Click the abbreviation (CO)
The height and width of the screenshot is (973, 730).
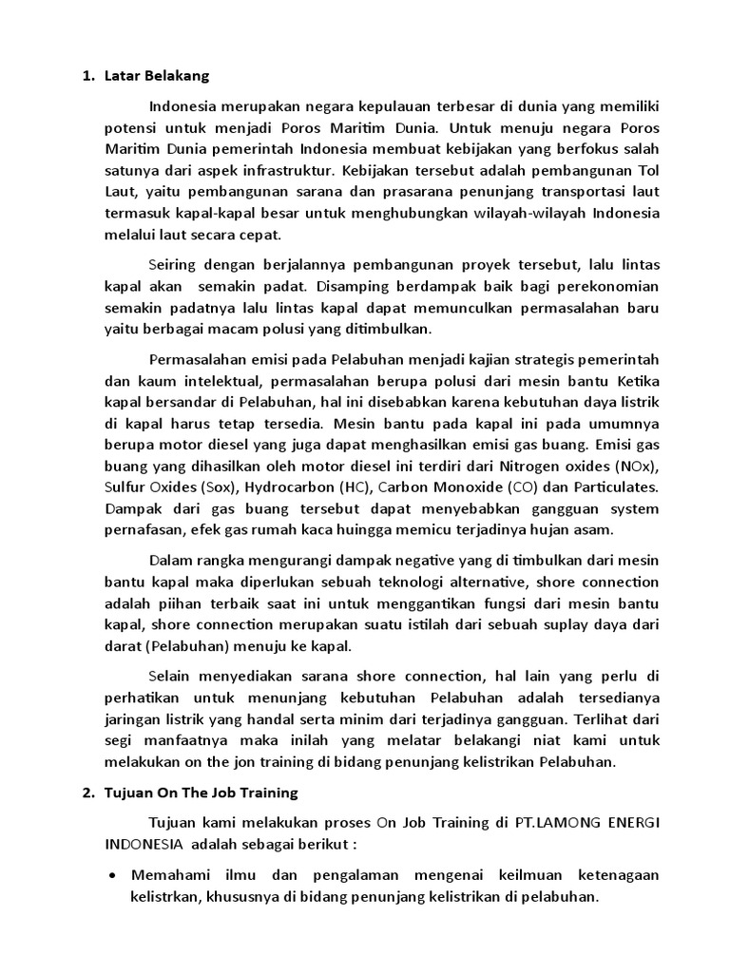[519, 487]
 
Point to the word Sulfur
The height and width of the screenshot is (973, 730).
[125, 487]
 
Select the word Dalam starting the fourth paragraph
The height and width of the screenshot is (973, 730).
[172, 560]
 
